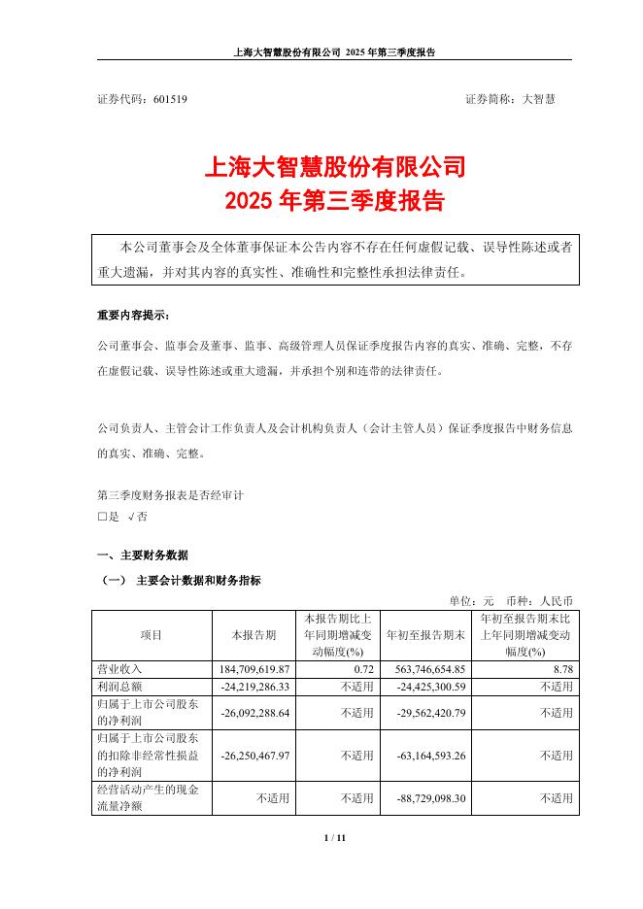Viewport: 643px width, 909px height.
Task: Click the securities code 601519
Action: coord(171,99)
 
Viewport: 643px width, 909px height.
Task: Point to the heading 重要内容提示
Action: coord(132,316)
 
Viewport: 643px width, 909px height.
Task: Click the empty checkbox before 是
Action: coord(102,517)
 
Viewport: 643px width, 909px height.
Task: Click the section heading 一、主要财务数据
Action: coord(143,555)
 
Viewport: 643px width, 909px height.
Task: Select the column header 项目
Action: coord(152,634)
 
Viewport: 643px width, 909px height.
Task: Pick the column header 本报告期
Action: coord(254,634)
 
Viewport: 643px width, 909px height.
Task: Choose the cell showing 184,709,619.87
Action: coord(254,669)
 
